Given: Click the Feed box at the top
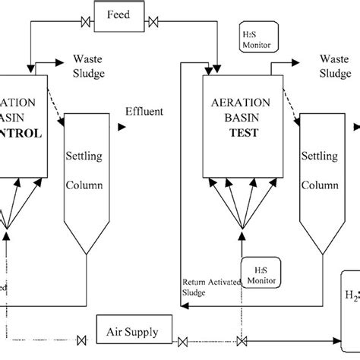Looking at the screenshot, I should (118, 15).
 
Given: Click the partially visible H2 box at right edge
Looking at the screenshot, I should (351, 292).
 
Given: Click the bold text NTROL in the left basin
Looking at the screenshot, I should (21, 131).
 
